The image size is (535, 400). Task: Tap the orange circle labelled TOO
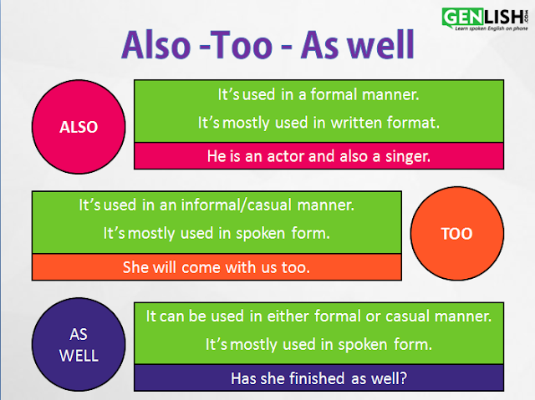point(456,234)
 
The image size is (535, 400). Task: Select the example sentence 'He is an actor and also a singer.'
point(318,155)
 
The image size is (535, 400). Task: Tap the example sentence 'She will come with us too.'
point(216,267)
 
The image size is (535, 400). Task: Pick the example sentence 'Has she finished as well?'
point(318,377)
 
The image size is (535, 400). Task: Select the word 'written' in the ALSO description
point(361,122)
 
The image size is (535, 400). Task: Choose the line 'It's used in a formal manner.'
point(318,95)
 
